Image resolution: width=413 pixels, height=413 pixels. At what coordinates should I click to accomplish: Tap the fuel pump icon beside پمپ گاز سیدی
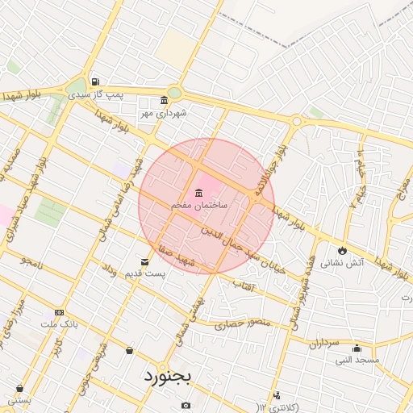[x=96, y=81]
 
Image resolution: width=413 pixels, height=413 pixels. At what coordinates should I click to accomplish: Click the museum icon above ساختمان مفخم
[x=198, y=192]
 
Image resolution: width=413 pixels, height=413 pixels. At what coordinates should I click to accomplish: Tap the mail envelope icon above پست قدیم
[x=145, y=261]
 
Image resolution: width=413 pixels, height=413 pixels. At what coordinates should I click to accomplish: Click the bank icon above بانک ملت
[x=59, y=312]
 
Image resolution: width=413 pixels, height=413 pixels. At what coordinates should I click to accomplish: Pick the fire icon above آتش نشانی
[x=343, y=250]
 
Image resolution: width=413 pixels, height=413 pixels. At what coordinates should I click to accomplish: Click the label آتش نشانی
[x=342, y=263]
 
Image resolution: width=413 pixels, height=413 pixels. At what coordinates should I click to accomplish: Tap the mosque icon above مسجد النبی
[x=357, y=348]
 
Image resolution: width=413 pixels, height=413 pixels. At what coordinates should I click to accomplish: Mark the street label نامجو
[x=35, y=262]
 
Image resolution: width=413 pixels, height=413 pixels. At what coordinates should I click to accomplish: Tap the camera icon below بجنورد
[x=186, y=404]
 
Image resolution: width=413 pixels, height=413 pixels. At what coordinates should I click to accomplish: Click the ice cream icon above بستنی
[x=19, y=388]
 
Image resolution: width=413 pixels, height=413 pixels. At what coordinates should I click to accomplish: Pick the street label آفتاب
[x=243, y=286]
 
